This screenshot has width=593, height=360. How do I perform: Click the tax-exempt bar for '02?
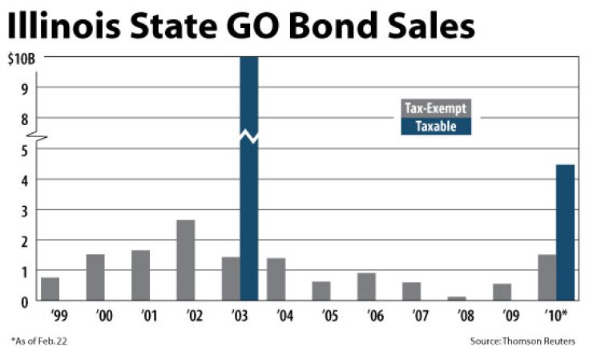pos(185,260)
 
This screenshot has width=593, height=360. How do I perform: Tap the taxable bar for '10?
pos(565,233)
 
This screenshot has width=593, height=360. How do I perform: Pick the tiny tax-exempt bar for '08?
pos(457,298)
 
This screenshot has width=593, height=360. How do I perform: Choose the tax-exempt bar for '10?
pos(547,277)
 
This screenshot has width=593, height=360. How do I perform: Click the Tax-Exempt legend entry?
pos(436,109)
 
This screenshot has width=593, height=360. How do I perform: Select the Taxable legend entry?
pos(436,126)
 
